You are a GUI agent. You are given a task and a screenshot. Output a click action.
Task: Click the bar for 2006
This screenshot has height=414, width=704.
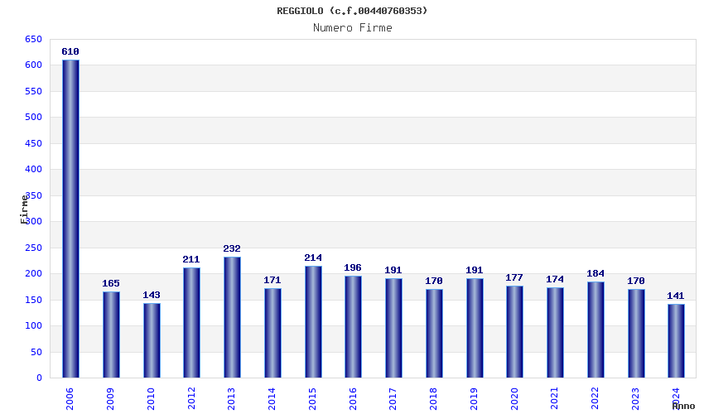[x=70, y=219]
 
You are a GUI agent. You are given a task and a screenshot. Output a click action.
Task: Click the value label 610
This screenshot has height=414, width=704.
[x=70, y=51]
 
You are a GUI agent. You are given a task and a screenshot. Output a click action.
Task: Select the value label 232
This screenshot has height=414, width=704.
[x=232, y=248]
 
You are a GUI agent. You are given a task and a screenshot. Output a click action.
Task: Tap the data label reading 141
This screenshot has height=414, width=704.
[x=676, y=296]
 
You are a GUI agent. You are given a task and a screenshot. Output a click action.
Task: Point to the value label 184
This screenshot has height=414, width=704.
[x=596, y=273]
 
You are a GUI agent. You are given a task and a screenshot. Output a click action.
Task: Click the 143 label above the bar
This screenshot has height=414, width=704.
[x=152, y=295]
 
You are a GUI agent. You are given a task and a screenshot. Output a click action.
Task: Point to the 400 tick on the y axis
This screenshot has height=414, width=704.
[x=33, y=169]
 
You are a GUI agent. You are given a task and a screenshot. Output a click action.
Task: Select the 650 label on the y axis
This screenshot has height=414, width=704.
[x=33, y=39]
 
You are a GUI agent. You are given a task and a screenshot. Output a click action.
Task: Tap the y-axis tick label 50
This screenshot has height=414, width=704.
[x=36, y=352]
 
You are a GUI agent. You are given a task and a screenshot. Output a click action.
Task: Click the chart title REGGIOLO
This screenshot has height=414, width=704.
[x=352, y=11]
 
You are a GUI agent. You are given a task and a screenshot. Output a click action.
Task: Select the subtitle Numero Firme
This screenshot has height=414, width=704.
[x=352, y=27]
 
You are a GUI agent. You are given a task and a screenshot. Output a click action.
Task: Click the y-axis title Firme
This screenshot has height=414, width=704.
[x=25, y=209]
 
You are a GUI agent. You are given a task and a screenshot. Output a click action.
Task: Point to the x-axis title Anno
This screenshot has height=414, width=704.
[x=683, y=406]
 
